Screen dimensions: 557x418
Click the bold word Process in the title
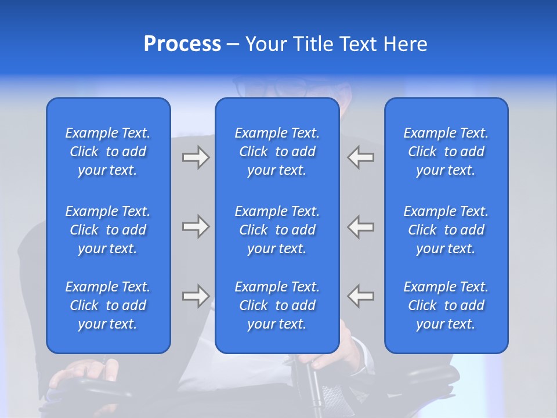[182, 44]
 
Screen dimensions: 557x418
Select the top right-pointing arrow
[196, 157]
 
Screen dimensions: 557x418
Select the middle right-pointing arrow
[196, 226]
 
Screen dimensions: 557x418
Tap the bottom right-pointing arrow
[196, 296]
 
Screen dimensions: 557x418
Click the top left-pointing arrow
[361, 157]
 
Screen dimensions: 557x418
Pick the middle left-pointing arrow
[361, 226]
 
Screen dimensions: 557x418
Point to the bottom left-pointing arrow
[361, 296]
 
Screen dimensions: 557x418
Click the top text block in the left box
[108, 152]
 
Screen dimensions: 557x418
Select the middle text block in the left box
[108, 230]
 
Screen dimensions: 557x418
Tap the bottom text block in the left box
[108, 305]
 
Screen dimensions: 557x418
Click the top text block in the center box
[277, 152]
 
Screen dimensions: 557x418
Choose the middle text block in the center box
[277, 230]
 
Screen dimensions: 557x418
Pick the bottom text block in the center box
[277, 305]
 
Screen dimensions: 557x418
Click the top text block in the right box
[446, 152]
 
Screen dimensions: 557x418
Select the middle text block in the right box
[446, 230]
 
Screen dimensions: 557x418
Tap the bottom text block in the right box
[446, 305]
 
